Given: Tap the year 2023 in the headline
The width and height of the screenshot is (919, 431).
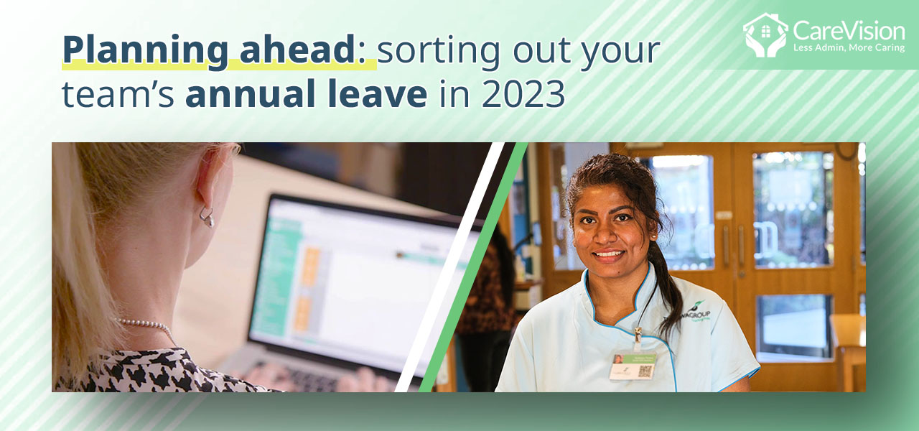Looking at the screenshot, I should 523,96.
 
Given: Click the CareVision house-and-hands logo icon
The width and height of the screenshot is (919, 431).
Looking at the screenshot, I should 765,34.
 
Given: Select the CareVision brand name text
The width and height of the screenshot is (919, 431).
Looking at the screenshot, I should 848,30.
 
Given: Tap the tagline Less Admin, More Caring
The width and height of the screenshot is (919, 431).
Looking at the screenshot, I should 848,48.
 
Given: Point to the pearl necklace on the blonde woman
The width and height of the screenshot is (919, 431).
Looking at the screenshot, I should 148,325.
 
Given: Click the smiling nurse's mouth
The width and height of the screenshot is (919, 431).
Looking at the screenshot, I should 609,254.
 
